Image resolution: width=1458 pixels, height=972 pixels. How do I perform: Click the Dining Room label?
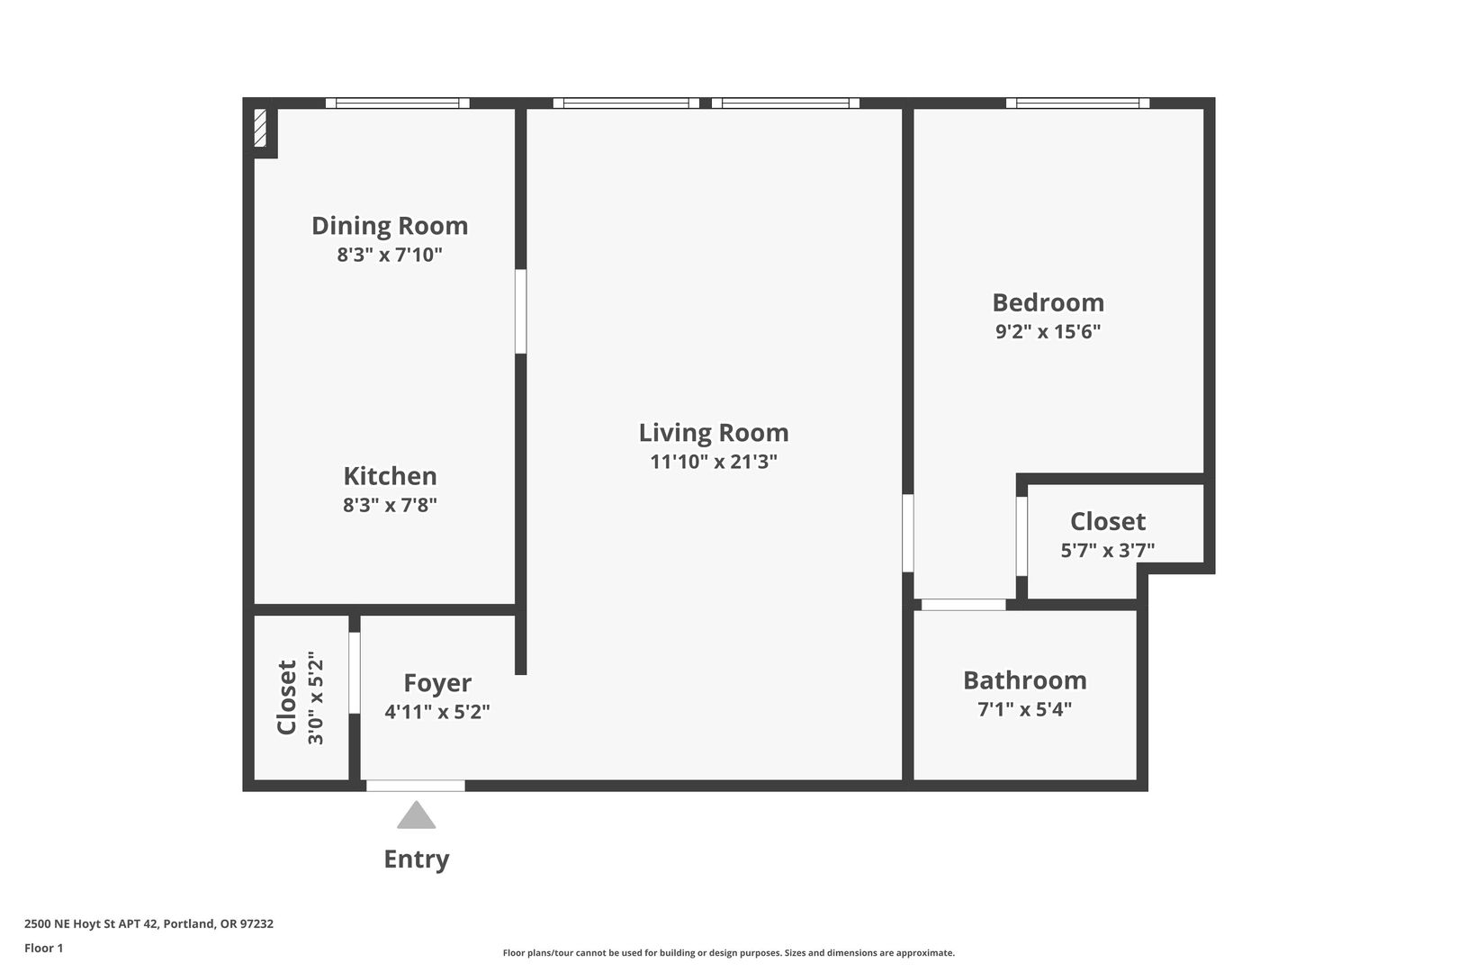tap(390, 226)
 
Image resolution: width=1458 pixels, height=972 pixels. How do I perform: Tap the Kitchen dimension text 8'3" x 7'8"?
tap(390, 505)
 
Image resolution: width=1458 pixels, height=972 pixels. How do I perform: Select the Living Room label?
tap(714, 433)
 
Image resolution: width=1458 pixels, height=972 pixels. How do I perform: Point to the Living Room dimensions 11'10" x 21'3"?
tap(714, 463)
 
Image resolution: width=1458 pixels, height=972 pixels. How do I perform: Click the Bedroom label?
tap(1048, 302)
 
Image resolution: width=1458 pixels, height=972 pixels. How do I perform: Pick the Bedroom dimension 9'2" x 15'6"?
tap(1048, 332)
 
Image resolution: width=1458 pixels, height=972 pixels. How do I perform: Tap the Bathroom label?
tap(1025, 680)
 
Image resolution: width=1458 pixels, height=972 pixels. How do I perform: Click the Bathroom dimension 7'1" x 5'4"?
tap(1025, 709)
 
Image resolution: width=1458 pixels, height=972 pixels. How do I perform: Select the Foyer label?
tap(437, 684)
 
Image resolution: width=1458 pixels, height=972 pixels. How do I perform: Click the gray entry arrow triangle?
tap(417, 816)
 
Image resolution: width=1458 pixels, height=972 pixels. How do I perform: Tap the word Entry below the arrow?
tap(417, 859)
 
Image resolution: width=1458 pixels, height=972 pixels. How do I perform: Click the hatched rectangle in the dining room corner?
tap(260, 128)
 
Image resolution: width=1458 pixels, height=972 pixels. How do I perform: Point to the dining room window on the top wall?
tap(397, 103)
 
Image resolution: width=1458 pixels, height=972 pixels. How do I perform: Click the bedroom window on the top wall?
tap(1078, 103)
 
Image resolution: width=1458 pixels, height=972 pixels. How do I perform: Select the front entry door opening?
tap(415, 786)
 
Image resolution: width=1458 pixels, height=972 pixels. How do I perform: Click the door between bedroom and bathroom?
tap(963, 605)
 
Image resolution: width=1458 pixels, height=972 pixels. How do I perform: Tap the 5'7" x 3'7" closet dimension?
tap(1108, 551)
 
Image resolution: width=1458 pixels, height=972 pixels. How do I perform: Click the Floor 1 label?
tap(43, 949)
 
